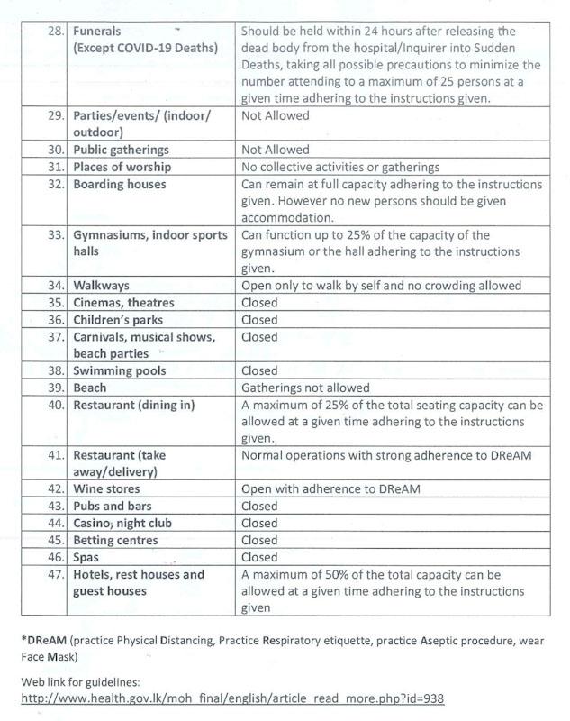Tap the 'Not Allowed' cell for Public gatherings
(x=275, y=150)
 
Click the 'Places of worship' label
(x=122, y=167)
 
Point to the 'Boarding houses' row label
(x=119, y=184)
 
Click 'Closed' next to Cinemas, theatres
(x=259, y=303)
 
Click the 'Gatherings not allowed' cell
(x=305, y=388)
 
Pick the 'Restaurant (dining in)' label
(x=133, y=405)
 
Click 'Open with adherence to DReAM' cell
(x=331, y=489)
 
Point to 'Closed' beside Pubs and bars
(x=259, y=507)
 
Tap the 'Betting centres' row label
(x=115, y=541)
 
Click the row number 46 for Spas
(x=53, y=558)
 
